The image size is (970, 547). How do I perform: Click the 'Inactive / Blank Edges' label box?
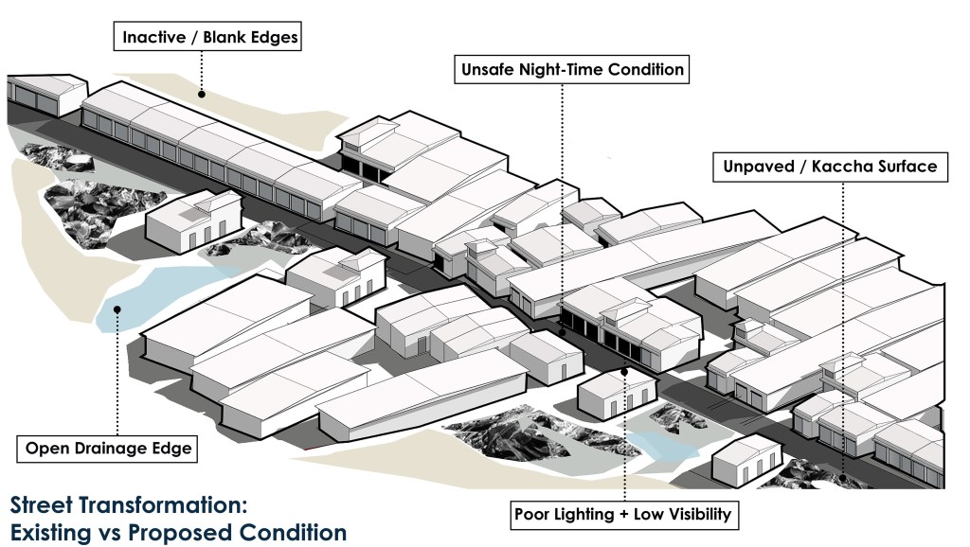pyautogui.click(x=207, y=37)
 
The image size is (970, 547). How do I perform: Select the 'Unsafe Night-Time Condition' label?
pyautogui.click(x=571, y=69)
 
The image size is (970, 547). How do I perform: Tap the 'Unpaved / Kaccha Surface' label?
pyautogui.click(x=830, y=167)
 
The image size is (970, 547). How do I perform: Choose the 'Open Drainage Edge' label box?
pyautogui.click(x=107, y=449)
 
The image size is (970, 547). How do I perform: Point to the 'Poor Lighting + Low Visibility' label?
pyautogui.click(x=623, y=515)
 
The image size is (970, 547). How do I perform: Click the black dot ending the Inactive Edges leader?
pyautogui.click(x=201, y=94)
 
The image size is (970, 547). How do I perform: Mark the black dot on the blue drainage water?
pyautogui.click(x=117, y=309)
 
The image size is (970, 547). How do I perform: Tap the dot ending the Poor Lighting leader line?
pyautogui.click(x=624, y=372)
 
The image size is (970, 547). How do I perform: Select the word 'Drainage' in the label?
pyautogui.click(x=114, y=449)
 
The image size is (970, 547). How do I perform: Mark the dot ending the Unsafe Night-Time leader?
pyautogui.click(x=562, y=332)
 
